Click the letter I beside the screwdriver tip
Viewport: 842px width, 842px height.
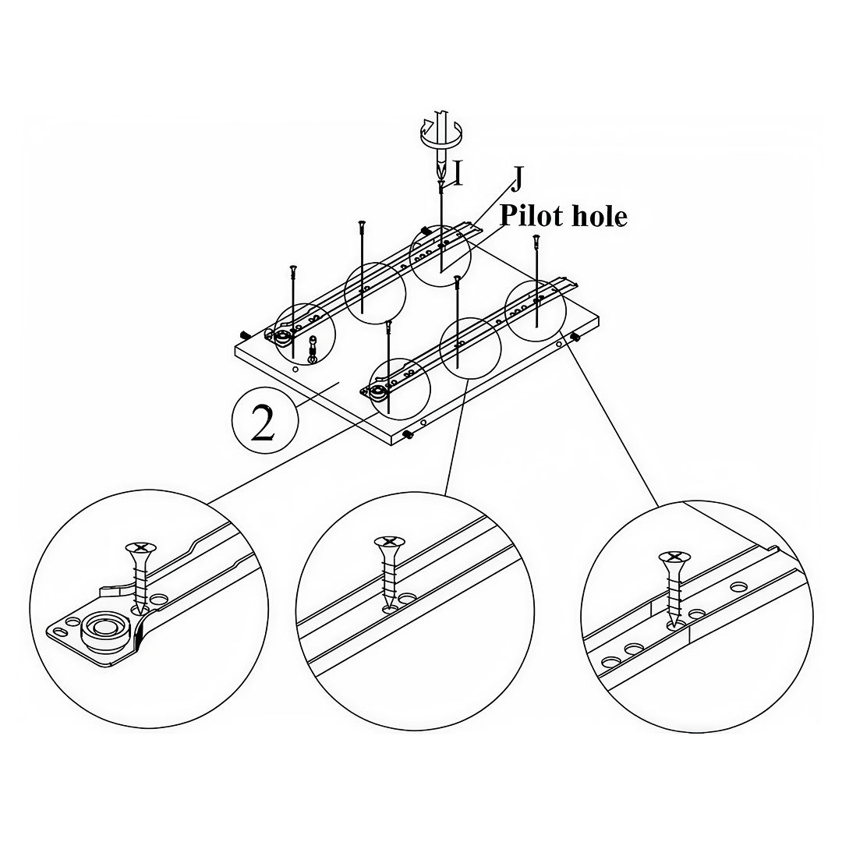(x=458, y=174)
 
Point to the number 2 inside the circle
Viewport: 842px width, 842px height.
(x=264, y=423)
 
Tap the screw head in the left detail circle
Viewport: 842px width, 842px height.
(x=141, y=549)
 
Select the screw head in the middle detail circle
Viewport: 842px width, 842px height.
(x=388, y=542)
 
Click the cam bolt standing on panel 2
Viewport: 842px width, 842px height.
(x=313, y=348)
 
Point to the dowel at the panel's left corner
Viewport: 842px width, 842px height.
(x=244, y=334)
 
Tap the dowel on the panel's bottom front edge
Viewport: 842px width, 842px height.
(x=408, y=435)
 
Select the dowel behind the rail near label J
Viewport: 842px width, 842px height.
(x=426, y=230)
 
